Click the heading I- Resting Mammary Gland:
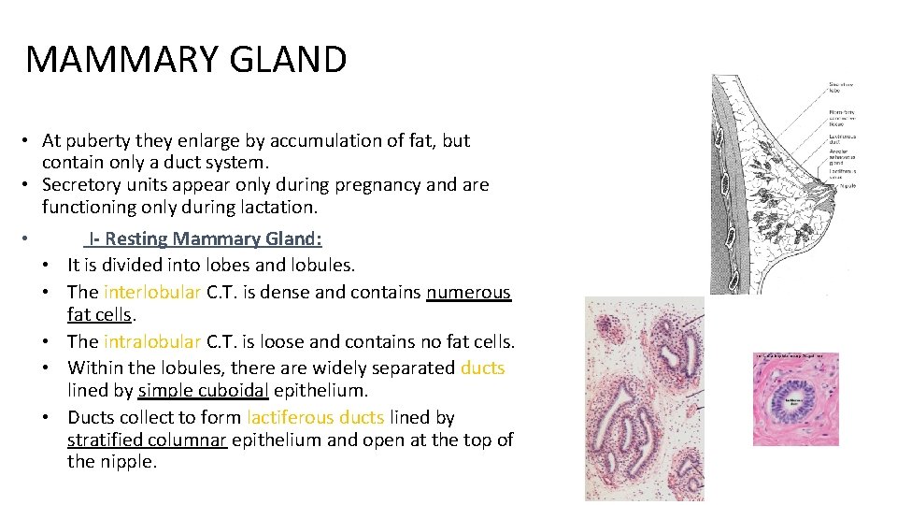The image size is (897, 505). point(206,238)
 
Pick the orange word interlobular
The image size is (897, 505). point(152,292)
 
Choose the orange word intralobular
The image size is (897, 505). point(152,342)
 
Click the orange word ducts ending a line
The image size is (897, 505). point(482,368)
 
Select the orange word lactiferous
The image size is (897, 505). point(290,418)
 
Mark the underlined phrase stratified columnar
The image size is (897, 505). point(147,440)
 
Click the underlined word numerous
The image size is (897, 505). point(469,292)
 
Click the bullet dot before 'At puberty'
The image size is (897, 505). point(31,141)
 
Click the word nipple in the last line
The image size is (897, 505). point(125,461)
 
